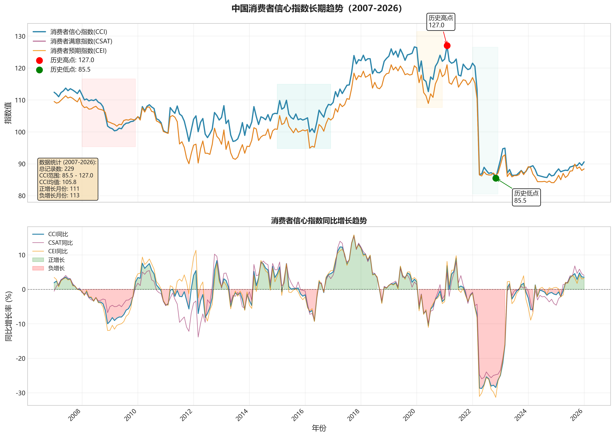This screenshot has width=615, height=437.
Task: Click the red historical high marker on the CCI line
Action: (447, 46)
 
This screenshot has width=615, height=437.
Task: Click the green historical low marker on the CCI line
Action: (495, 178)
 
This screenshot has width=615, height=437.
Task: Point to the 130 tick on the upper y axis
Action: (20, 36)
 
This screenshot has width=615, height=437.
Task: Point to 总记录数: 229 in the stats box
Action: (57, 169)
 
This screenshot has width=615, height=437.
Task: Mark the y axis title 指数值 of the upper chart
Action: (8, 113)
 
